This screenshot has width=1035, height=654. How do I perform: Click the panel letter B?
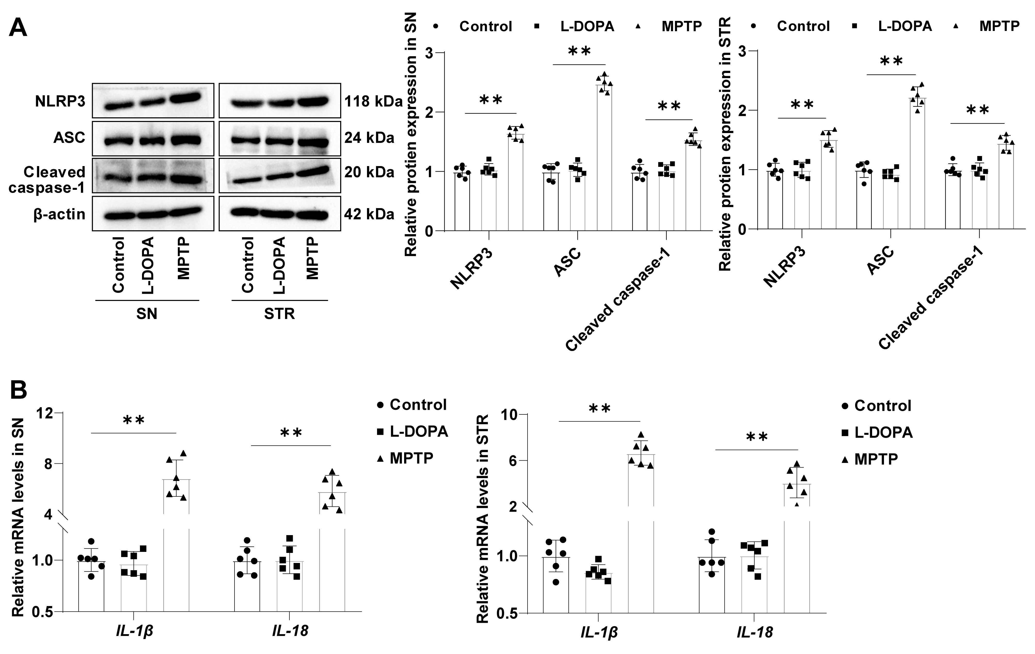click(x=18, y=390)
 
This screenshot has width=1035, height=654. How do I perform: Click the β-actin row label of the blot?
click(x=59, y=214)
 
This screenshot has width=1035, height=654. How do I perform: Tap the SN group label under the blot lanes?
click(x=147, y=314)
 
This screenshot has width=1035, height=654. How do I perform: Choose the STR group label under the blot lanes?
click(x=279, y=314)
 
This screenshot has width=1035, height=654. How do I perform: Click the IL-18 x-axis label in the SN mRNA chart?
click(x=290, y=631)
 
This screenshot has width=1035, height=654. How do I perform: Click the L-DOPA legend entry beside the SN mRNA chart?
click(x=418, y=431)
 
